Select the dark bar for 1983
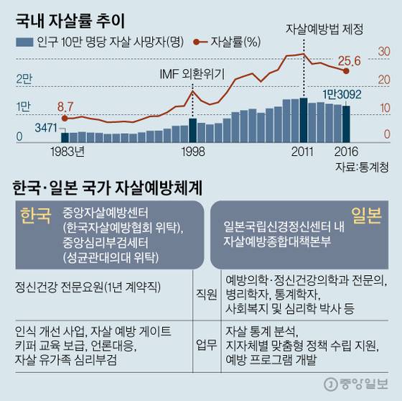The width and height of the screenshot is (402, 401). [x=65, y=137]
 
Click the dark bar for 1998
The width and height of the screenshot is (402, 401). [x=192, y=130]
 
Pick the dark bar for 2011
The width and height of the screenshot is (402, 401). [x=304, y=120]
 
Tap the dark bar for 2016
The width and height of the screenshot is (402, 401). [x=346, y=124]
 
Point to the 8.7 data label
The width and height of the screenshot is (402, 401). [x=66, y=106]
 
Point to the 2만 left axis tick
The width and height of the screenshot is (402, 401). [x=24, y=78]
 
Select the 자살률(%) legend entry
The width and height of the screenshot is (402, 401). [x=229, y=42]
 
